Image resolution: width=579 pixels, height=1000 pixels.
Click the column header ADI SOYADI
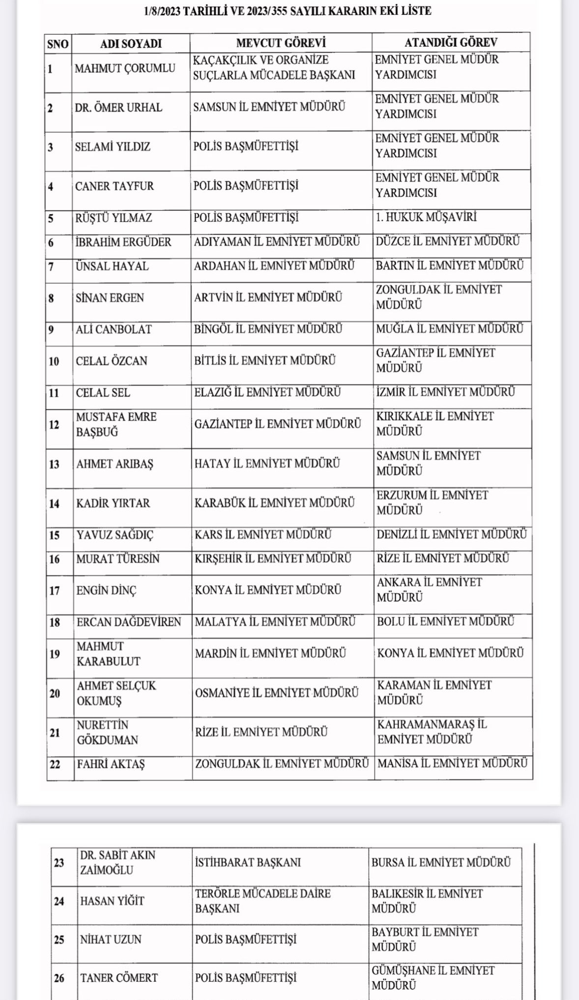[131, 43]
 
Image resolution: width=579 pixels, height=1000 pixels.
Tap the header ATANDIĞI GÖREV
[451, 42]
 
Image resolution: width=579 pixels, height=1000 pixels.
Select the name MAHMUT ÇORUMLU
[125, 68]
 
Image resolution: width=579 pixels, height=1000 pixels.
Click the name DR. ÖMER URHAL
[118, 108]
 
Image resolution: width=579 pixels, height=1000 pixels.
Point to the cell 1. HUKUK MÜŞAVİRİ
[426, 217]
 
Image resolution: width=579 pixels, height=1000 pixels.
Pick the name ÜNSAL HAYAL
[112, 266]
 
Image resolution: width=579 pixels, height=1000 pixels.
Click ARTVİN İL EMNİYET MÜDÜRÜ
[268, 297]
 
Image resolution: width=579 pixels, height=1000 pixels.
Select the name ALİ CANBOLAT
[114, 329]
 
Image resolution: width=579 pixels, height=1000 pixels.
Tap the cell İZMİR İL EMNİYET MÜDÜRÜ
[445, 392]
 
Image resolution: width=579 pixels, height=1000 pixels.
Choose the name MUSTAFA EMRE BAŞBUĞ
[116, 424]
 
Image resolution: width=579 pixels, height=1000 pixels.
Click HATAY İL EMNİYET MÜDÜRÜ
[267, 463]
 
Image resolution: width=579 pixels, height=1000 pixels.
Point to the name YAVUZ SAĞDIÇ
[115, 535]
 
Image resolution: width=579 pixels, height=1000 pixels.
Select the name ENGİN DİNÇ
[106, 590]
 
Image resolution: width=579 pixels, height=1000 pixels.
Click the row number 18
[54, 622]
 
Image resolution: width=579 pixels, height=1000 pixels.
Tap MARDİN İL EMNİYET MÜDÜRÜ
[270, 653]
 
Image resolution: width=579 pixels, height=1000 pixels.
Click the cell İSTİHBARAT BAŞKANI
[248, 862]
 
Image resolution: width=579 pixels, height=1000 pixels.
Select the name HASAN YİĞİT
[112, 901]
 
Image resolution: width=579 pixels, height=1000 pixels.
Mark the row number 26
[59, 978]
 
